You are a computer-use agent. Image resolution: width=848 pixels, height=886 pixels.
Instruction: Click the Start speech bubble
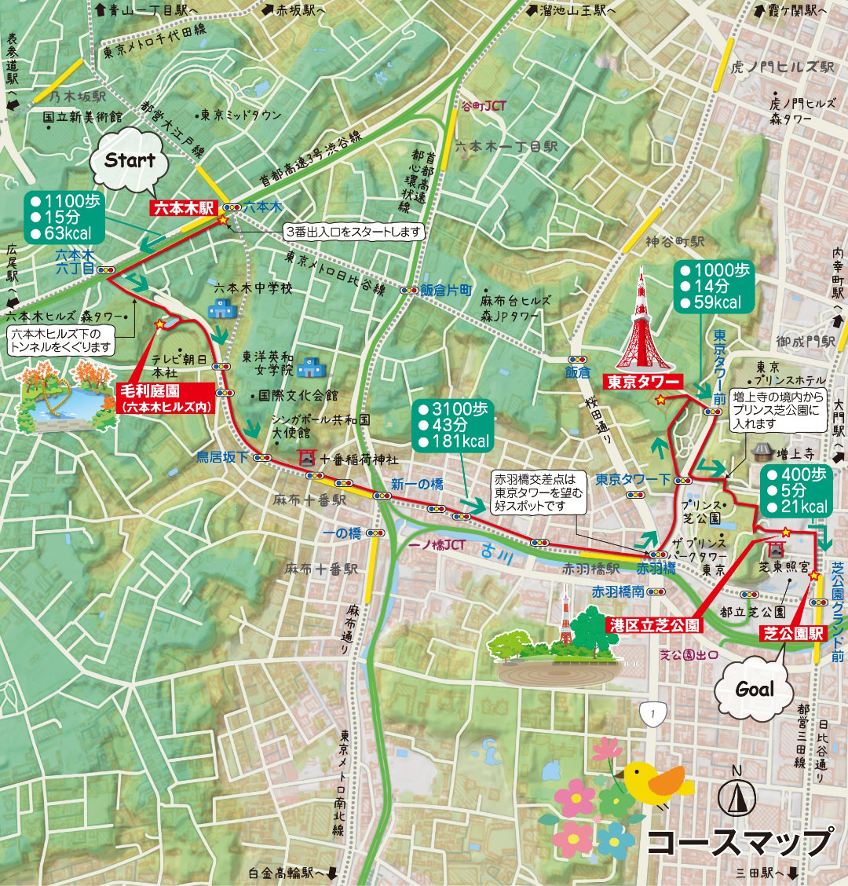130,162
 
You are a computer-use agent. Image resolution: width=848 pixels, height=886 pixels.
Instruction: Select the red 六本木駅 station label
183,208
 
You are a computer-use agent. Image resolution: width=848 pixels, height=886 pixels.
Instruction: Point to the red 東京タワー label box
643,383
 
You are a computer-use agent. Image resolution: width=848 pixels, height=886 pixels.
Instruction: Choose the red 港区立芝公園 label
654,625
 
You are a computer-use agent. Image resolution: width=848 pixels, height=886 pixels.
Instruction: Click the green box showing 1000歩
712,286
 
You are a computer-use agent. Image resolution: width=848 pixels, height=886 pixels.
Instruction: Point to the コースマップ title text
737,842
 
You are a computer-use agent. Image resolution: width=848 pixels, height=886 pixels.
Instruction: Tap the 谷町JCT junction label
484,106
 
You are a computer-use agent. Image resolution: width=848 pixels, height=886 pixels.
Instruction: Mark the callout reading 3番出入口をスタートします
353,232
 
